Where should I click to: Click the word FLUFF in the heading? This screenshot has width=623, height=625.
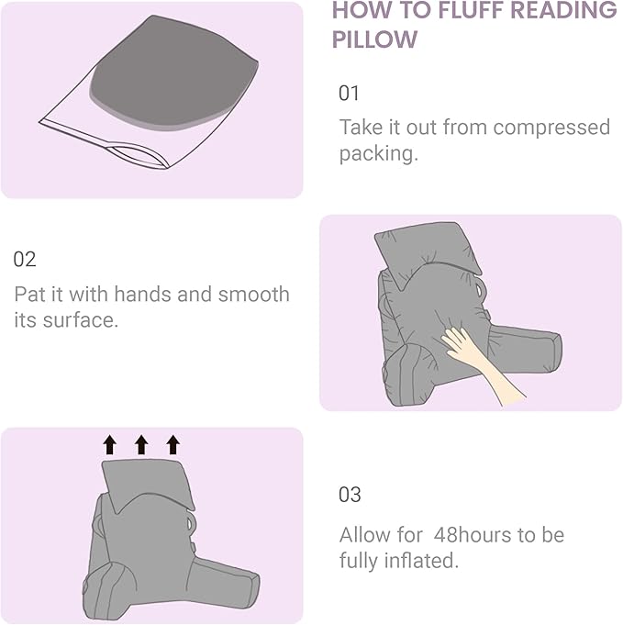pyautogui.click(x=469, y=10)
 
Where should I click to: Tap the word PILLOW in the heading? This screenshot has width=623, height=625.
pyautogui.click(x=374, y=40)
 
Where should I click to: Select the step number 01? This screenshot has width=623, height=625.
pyautogui.click(x=350, y=93)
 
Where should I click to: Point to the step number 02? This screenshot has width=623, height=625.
pyautogui.click(x=25, y=260)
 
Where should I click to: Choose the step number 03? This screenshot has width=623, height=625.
pyautogui.click(x=350, y=495)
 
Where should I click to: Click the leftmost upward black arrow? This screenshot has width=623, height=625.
pyautogui.click(x=110, y=445)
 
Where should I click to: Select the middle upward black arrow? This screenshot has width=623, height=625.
pyautogui.click(x=141, y=445)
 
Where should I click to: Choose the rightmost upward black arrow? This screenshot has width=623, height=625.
pyautogui.click(x=172, y=445)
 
